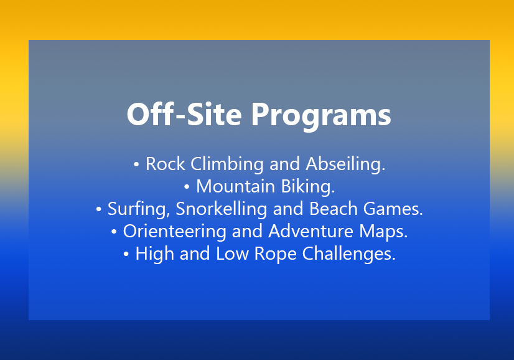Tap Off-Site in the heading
pos(184,114)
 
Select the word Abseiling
pos(345,164)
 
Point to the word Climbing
pos(227,164)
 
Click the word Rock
pos(166,164)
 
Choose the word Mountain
pos(235,187)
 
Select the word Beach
pos(333,209)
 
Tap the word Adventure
pos(311,231)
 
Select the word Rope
pos(275,254)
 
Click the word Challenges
pos(348,254)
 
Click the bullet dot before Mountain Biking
pos(187,187)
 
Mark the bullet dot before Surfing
pos(98,209)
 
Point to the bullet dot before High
pos(126,254)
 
